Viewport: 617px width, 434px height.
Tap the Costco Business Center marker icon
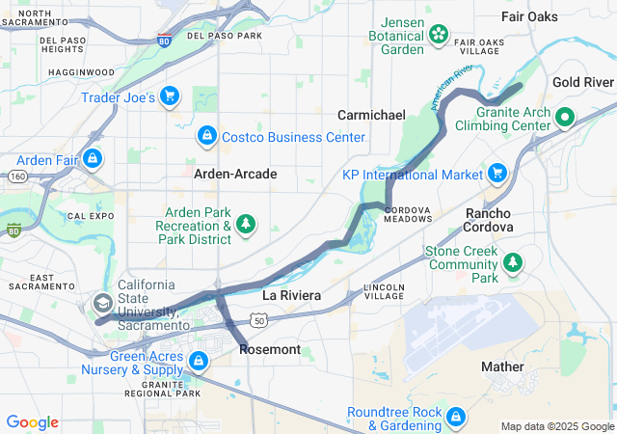(x=205, y=136)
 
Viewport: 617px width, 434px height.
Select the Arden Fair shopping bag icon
(x=92, y=157)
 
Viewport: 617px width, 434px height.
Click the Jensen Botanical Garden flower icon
(x=439, y=35)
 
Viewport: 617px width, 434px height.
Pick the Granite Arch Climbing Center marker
(x=567, y=118)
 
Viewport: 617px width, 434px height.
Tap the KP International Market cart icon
(x=497, y=174)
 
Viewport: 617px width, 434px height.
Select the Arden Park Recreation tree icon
(x=247, y=225)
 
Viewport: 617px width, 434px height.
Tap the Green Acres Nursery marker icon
(x=198, y=361)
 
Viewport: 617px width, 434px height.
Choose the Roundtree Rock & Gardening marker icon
(x=456, y=418)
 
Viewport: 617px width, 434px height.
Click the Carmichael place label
(x=371, y=115)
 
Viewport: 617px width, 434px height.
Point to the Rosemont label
(x=269, y=349)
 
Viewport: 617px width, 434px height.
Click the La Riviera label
(x=291, y=293)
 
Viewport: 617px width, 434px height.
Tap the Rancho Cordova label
(x=489, y=220)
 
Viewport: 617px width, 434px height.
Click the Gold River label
(x=583, y=83)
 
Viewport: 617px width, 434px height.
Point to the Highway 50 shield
(x=258, y=319)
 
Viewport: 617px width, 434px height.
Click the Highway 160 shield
(x=17, y=176)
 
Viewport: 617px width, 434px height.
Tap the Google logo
(x=32, y=422)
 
